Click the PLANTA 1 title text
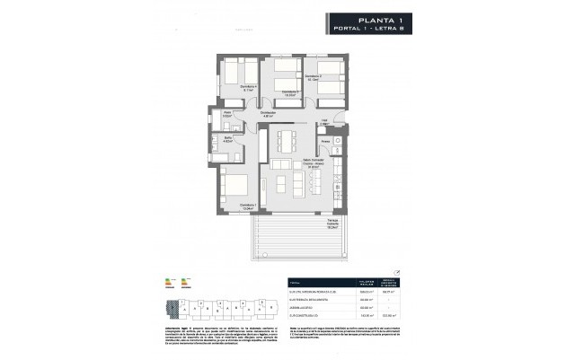pyautogui.click(x=373, y=17)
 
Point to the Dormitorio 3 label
pyautogui.click(x=287, y=92)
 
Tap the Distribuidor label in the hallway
pyautogui.click(x=268, y=114)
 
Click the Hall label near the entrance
pyautogui.click(x=324, y=121)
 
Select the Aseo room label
pyautogui.click(x=228, y=115)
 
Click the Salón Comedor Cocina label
pyautogui.click(x=287, y=163)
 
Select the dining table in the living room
pyautogui.click(x=286, y=141)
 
